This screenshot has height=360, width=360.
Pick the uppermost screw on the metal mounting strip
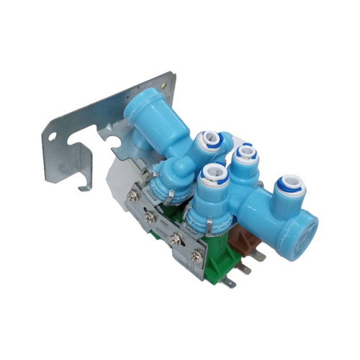point(132,196)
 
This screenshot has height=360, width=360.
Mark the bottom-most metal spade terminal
point(228,283)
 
